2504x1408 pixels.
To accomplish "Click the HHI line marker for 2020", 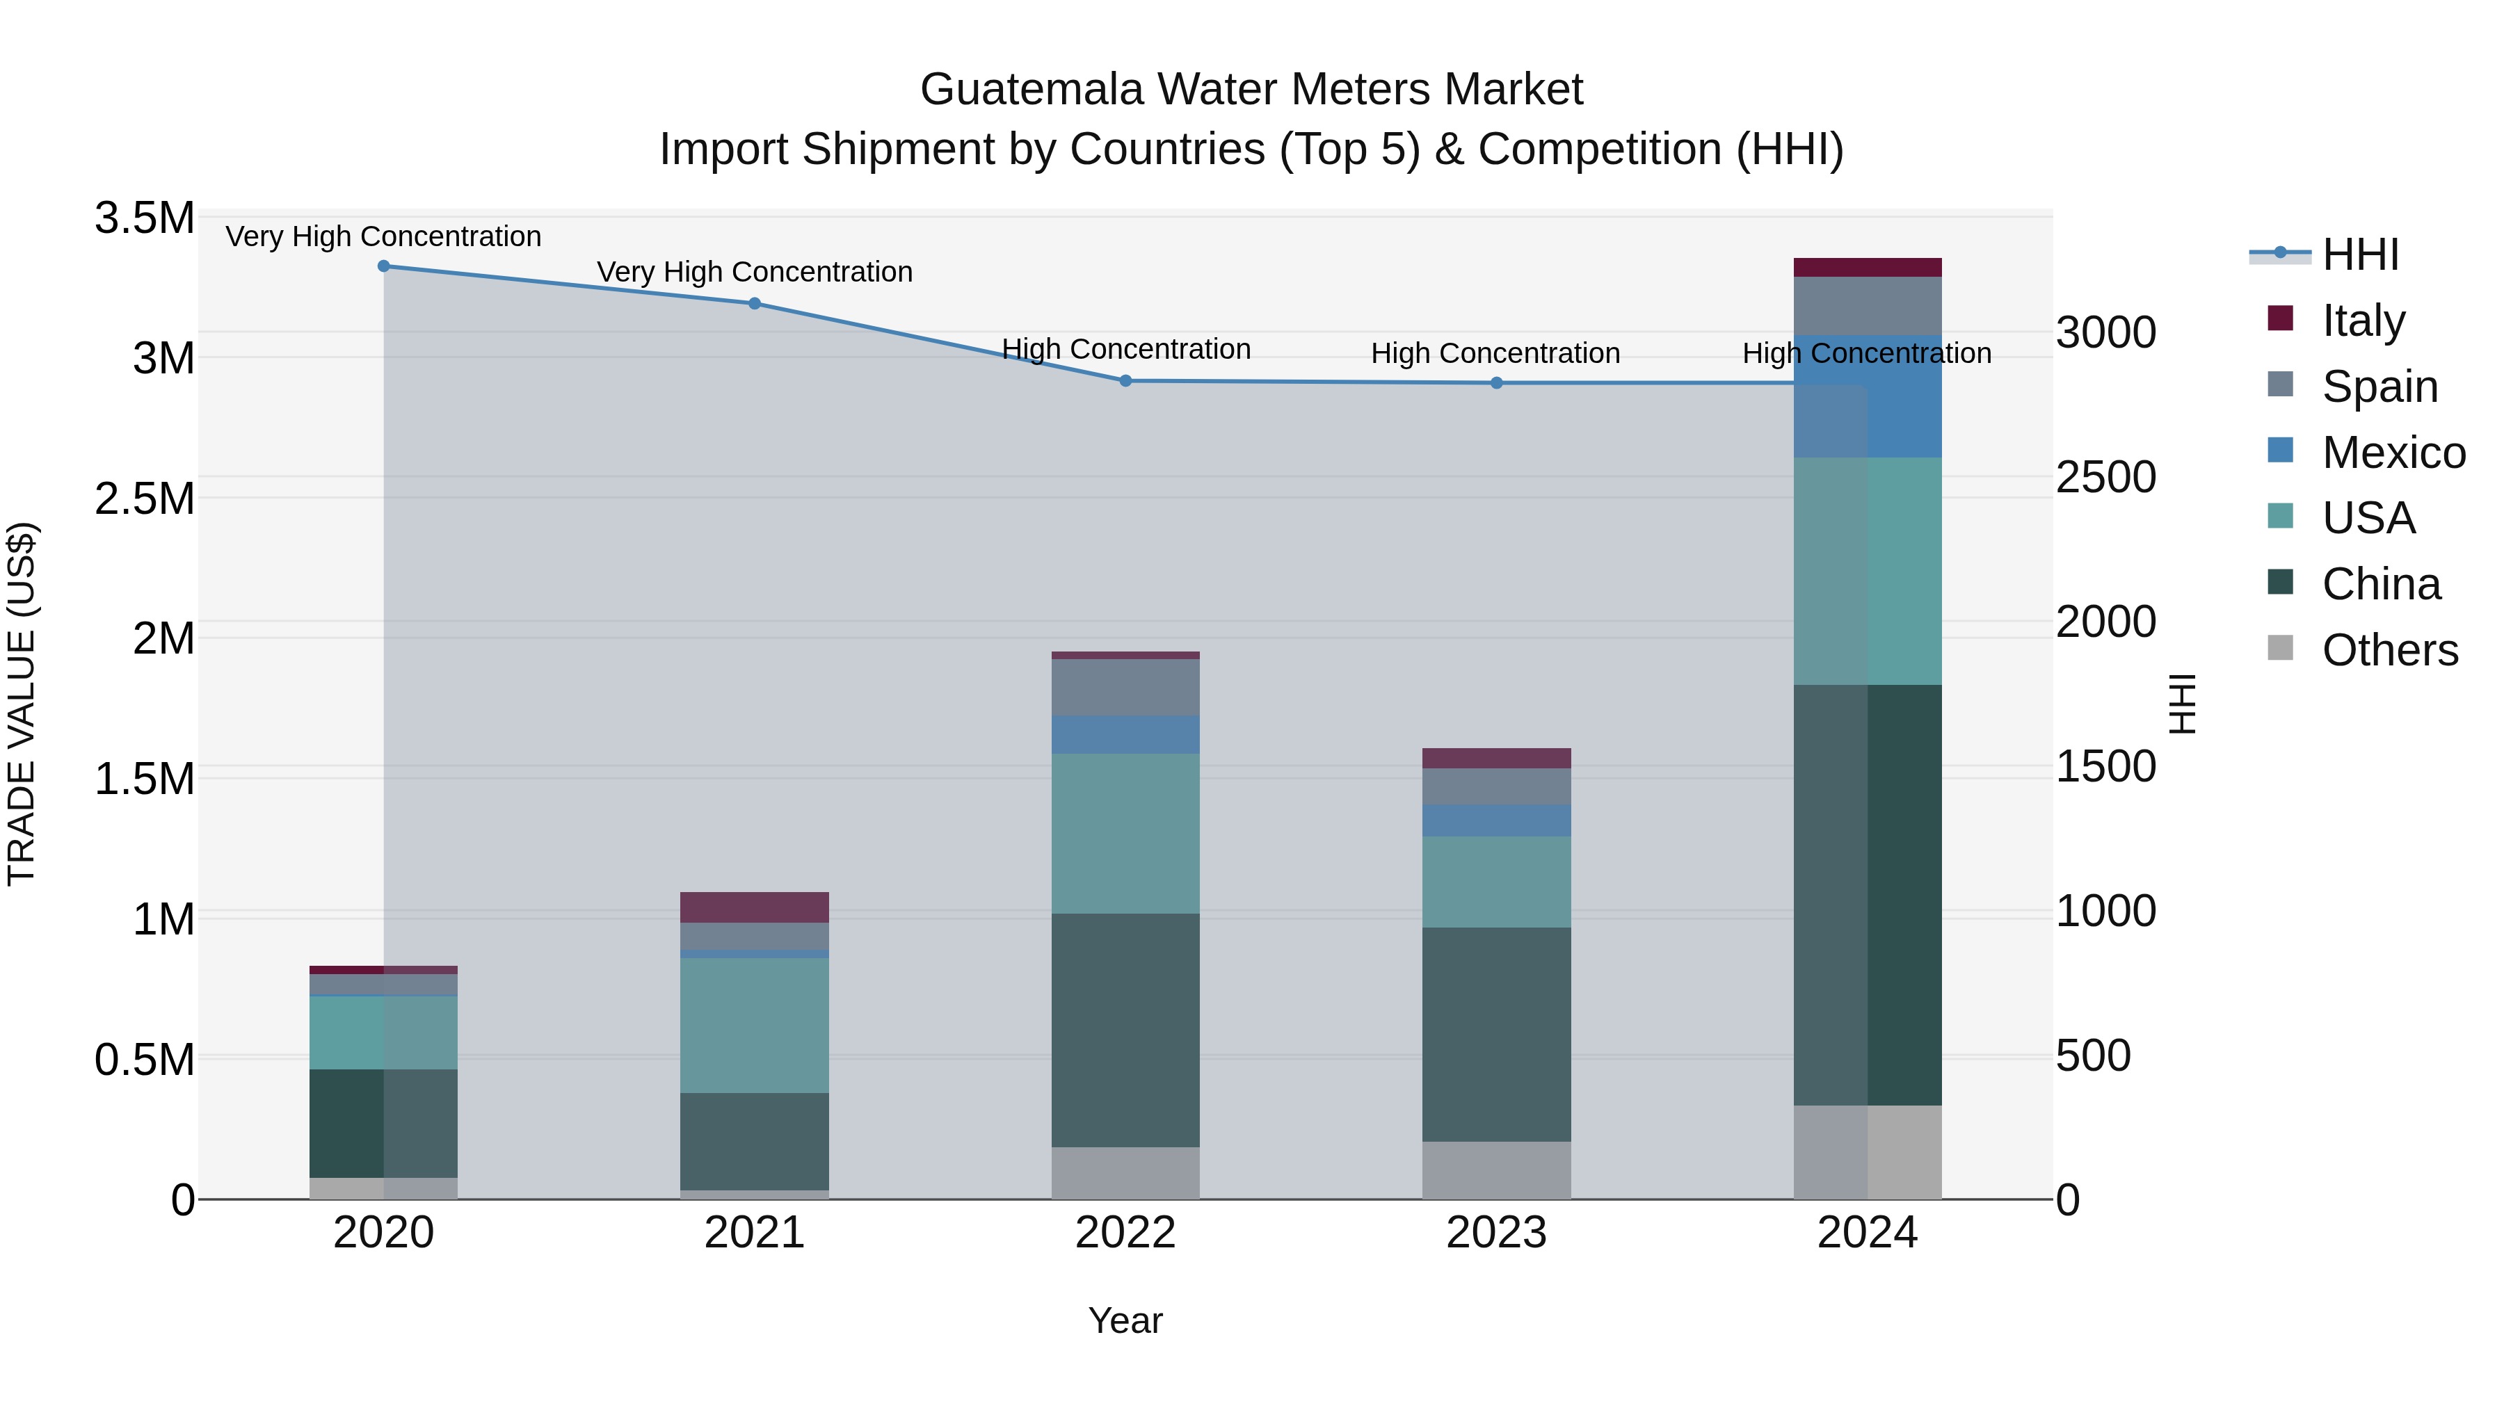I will [384, 266].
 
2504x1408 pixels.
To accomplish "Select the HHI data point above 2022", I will [1125, 381].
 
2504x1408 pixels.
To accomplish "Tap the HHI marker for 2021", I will [754, 303].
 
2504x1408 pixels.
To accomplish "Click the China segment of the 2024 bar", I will [1868, 894].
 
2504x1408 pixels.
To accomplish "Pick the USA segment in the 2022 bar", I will [1125, 833].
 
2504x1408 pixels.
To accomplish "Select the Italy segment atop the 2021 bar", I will [754, 907].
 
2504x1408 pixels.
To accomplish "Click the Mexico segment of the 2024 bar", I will [1868, 396].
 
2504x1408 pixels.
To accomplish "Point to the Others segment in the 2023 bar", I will [1496, 1170].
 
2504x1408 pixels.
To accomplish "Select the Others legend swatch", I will [2279, 648].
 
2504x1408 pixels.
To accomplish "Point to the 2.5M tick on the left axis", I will [145, 499].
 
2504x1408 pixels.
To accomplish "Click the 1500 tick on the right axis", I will [2105, 767].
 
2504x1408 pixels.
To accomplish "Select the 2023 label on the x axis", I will [1496, 1233].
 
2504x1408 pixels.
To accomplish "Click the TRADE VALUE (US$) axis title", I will [22, 704].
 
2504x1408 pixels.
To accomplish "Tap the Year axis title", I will [1125, 1320].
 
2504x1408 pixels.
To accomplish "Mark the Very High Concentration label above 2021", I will [754, 272].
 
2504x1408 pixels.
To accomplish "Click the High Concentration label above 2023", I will [1495, 354].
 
